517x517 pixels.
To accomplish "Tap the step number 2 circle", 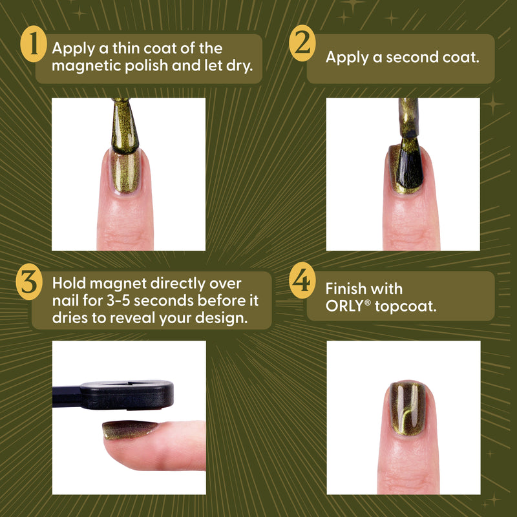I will tap(302, 47).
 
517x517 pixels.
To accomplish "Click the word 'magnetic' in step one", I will tap(82, 66).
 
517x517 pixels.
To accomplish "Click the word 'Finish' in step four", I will tap(345, 288).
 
